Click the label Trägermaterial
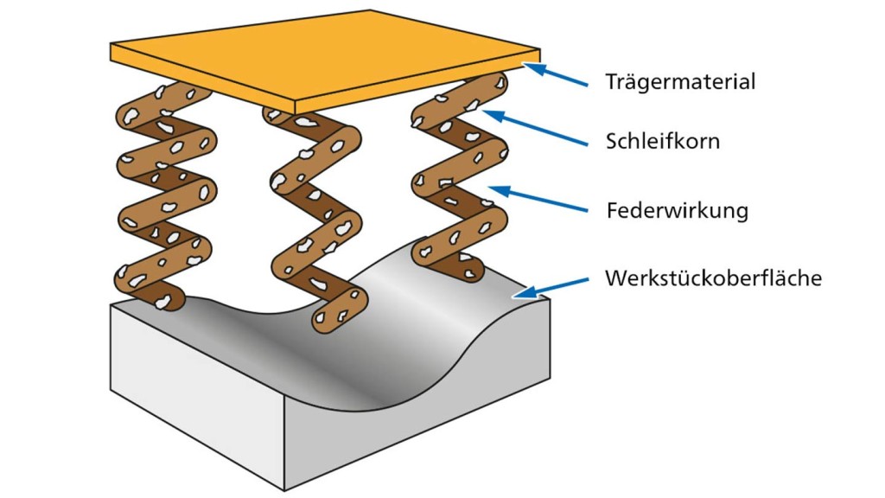click(x=680, y=82)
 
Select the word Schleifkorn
click(x=663, y=141)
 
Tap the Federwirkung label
click(x=677, y=210)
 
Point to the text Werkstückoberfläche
click(x=713, y=278)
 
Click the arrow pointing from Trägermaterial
click(x=557, y=76)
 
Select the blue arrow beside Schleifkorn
click(x=536, y=128)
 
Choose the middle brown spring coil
click(x=315, y=216)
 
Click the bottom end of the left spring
click(x=169, y=298)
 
